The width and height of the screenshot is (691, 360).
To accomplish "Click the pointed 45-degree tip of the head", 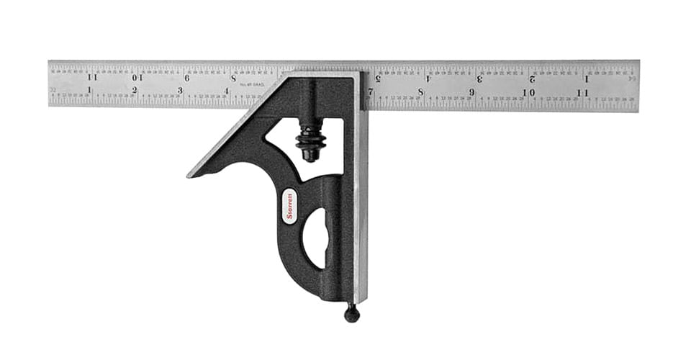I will pyautogui.click(x=191, y=174).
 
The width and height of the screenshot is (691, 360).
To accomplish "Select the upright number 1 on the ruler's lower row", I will pyautogui.click(x=89, y=90).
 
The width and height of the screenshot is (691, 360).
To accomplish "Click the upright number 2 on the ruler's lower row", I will pyautogui.click(x=135, y=90).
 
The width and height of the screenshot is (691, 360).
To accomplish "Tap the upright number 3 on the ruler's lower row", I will pyautogui.click(x=180, y=91).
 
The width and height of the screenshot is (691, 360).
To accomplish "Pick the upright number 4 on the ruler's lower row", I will pyautogui.click(x=226, y=91).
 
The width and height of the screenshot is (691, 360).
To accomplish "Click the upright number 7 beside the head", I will pyautogui.click(x=371, y=92).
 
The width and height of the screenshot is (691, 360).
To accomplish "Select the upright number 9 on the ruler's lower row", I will pyautogui.click(x=472, y=93).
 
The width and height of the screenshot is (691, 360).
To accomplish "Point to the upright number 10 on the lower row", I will pyautogui.click(x=528, y=93).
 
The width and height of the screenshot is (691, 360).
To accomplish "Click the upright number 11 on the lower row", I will pyautogui.click(x=582, y=93).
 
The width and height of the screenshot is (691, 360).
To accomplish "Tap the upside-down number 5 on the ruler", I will pyautogui.click(x=379, y=78).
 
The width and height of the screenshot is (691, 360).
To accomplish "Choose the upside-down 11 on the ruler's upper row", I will pyautogui.click(x=92, y=76).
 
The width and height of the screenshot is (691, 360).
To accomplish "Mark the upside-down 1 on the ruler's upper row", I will pyautogui.click(x=586, y=78).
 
